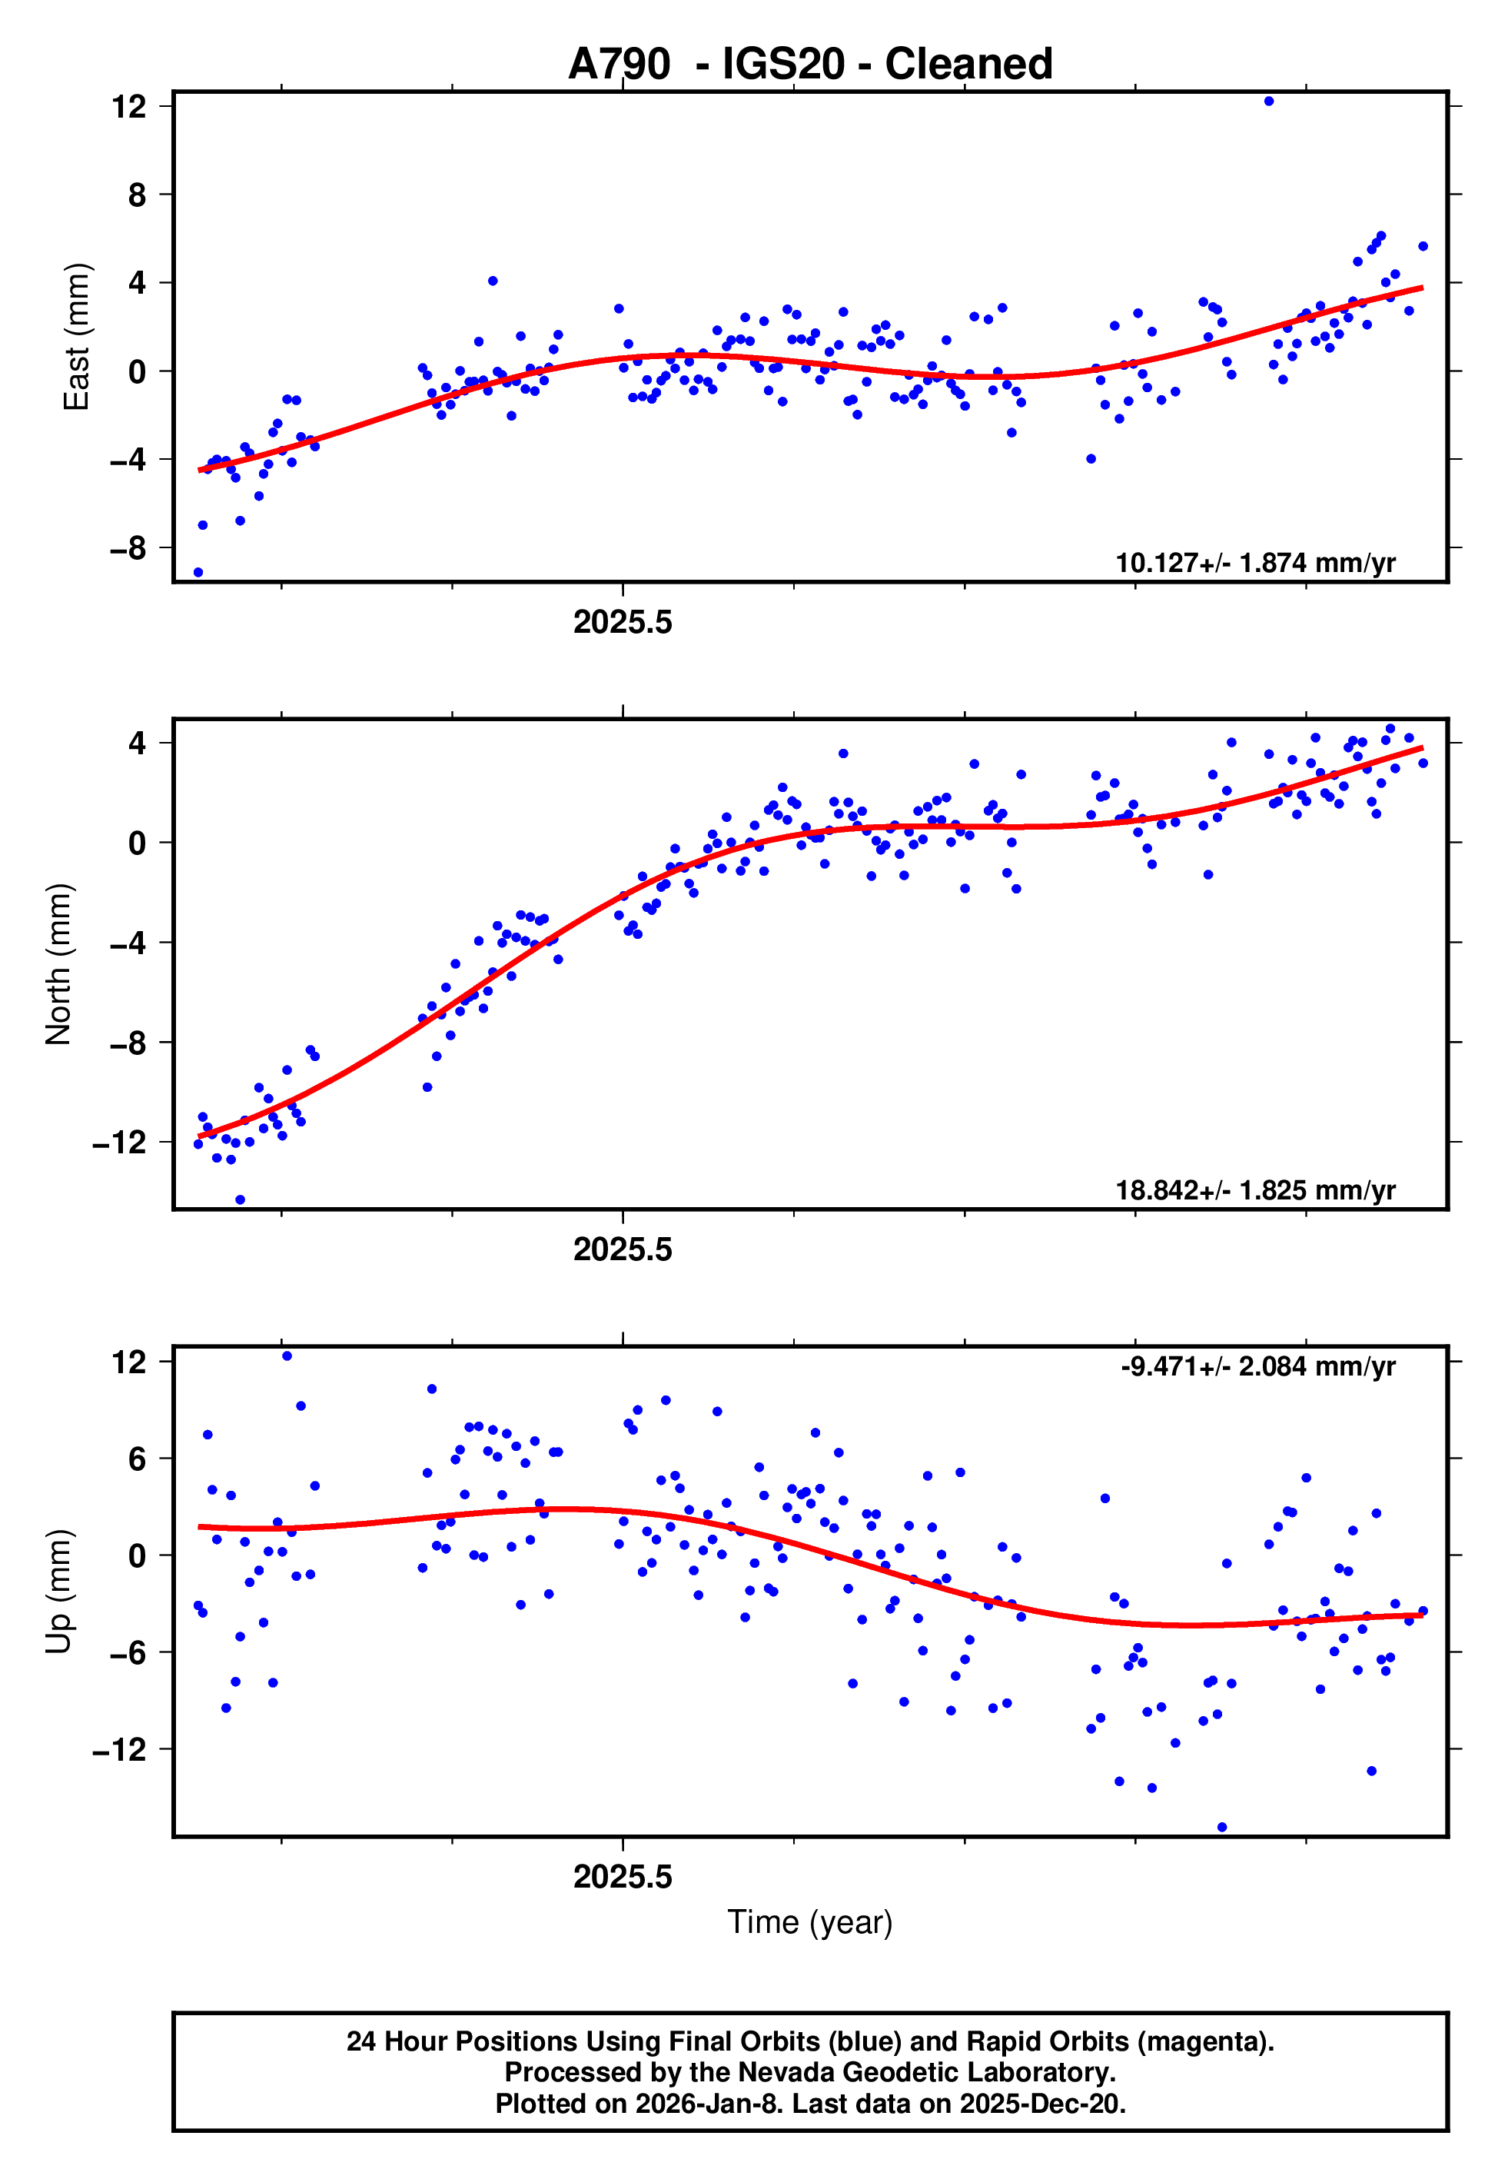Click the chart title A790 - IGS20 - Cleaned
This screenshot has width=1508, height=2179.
pyautogui.click(x=810, y=65)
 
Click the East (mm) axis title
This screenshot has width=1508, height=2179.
pyautogui.click(x=75, y=337)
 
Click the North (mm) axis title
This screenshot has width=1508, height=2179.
pyautogui.click(x=58, y=964)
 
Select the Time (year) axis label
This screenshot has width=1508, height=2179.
pyautogui.click(x=810, y=1922)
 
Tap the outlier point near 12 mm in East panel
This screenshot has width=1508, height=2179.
pyautogui.click(x=1268, y=101)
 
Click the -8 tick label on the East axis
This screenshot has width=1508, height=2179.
pyautogui.click(x=128, y=548)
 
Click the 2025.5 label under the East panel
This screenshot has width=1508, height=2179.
pyautogui.click(x=622, y=623)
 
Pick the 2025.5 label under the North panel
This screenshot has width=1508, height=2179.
pyautogui.click(x=622, y=1249)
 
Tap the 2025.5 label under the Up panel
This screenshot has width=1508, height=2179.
pyautogui.click(x=622, y=1877)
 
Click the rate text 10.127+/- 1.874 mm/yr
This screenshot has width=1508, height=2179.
pyautogui.click(x=1255, y=563)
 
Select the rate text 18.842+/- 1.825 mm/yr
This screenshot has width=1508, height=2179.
pyautogui.click(x=1255, y=1189)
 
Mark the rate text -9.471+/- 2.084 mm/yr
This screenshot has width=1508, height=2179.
pyautogui.click(x=1257, y=1366)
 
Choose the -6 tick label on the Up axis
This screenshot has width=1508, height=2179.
pyautogui.click(x=128, y=1652)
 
